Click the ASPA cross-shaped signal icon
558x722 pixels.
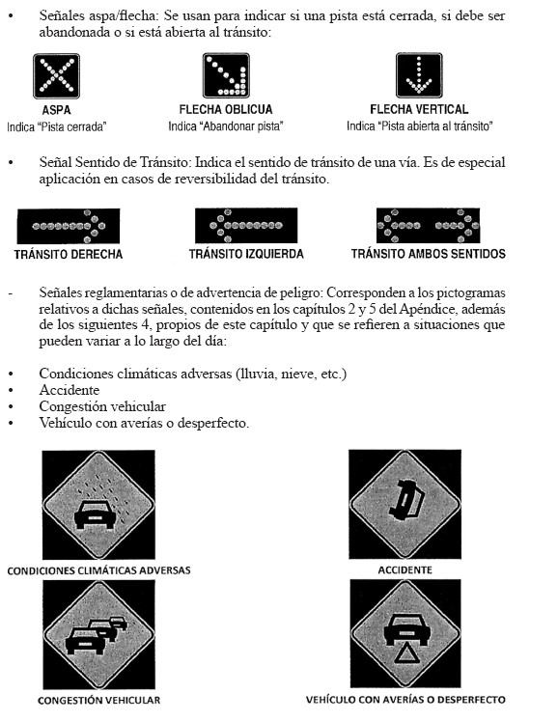[56, 76]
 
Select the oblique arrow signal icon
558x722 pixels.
[226, 75]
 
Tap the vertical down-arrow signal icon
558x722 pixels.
[419, 75]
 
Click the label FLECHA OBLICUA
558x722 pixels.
[226, 110]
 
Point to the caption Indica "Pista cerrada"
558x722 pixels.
[57, 126]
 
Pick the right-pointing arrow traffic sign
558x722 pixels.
[69, 226]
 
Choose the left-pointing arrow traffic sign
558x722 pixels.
[246, 226]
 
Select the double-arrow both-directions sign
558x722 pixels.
[429, 226]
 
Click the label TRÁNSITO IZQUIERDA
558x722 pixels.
[246, 254]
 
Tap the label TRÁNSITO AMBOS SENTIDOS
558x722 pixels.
[429, 254]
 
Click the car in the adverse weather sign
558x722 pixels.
[95, 514]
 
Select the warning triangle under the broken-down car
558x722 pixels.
[405, 653]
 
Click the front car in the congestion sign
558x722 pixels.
[85, 640]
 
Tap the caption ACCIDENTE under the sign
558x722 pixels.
[405, 570]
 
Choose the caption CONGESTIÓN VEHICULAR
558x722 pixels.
[99, 701]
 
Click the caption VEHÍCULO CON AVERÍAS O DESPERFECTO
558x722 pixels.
[405, 700]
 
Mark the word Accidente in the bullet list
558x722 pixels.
[70, 390]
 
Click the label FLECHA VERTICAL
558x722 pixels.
[419, 110]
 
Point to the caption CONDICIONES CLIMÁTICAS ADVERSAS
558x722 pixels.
[99, 570]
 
